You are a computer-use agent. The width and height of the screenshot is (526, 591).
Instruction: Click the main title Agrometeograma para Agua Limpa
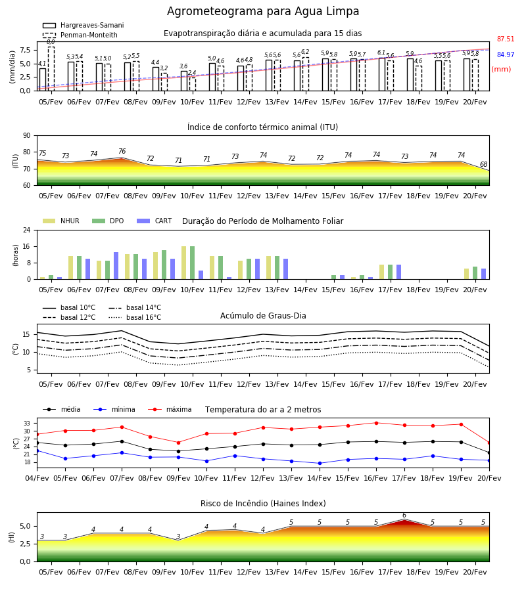click(x=263, y=11)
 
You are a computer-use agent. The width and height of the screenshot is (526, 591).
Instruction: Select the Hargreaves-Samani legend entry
click(x=84, y=25)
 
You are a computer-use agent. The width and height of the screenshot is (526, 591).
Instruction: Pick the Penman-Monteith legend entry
click(x=80, y=35)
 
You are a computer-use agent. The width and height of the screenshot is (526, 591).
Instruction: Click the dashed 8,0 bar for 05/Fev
click(x=51, y=68)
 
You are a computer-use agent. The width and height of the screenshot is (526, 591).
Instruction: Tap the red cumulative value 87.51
click(x=506, y=39)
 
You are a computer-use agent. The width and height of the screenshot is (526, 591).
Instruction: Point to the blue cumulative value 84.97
click(x=506, y=55)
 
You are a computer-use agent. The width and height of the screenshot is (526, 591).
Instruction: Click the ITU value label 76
click(x=122, y=151)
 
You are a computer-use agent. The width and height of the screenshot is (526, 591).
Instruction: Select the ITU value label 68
click(x=483, y=164)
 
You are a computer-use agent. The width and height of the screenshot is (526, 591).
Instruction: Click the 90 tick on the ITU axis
click(x=27, y=136)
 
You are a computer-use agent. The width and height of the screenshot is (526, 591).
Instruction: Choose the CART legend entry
click(x=155, y=221)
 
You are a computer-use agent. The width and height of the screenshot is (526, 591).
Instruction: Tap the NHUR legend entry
click(x=61, y=221)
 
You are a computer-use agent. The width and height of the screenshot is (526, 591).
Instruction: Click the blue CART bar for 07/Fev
click(x=116, y=266)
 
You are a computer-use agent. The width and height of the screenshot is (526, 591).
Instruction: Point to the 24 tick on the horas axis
click(x=27, y=230)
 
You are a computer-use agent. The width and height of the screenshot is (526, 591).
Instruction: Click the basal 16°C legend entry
click(x=135, y=318)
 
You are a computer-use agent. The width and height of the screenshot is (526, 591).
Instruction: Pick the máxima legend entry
click(x=170, y=409)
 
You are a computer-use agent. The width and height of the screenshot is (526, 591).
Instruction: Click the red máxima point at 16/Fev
click(x=376, y=423)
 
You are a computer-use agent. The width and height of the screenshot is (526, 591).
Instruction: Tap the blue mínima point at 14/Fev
click(x=320, y=463)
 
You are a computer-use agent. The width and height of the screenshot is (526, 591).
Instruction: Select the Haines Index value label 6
click(x=404, y=515)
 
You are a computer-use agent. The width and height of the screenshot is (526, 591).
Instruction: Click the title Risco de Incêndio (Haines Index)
click(x=263, y=504)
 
